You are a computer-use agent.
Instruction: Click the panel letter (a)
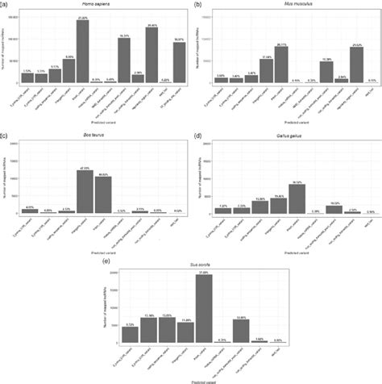click(x=6, y=5)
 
